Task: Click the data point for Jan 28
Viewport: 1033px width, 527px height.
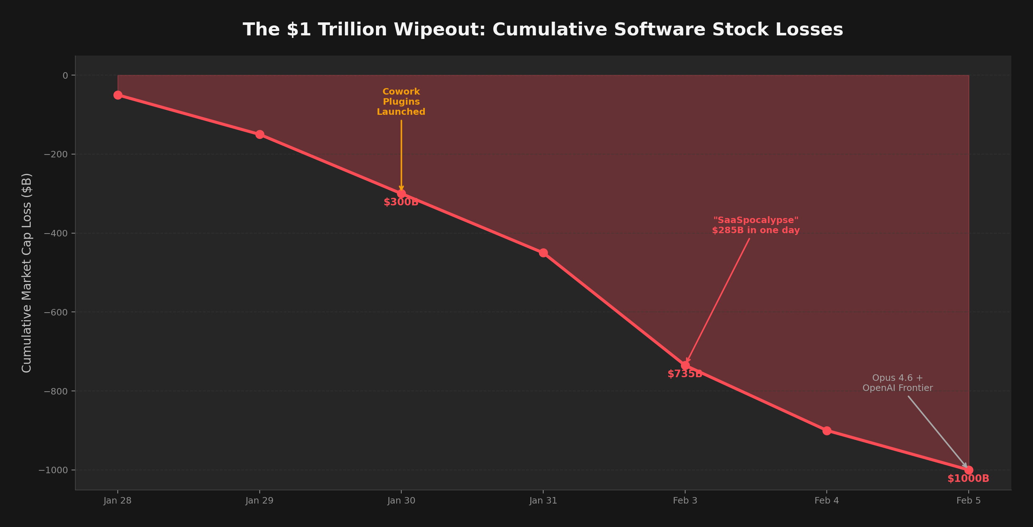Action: click(117, 95)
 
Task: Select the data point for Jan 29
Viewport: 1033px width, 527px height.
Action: click(259, 134)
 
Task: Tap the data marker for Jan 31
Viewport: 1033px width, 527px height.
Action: click(543, 253)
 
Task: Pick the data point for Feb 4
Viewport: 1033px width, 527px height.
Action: click(826, 431)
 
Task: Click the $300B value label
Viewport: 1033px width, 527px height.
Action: click(401, 202)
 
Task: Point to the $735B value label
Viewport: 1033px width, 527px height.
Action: click(684, 374)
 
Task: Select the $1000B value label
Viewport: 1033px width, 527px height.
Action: click(968, 479)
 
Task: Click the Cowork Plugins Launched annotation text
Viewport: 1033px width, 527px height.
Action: click(401, 102)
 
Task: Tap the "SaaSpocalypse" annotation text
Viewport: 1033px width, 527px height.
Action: click(756, 225)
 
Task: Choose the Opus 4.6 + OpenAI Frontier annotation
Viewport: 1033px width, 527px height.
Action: click(898, 383)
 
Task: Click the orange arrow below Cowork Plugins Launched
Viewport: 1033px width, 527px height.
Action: click(401, 154)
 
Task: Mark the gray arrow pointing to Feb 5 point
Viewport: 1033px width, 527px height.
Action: click(937, 432)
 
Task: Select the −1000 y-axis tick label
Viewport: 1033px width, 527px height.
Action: click(54, 470)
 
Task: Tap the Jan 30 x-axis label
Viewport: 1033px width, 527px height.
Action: click(401, 501)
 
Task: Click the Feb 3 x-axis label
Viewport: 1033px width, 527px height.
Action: click(684, 501)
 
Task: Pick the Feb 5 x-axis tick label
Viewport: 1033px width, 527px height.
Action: click(968, 501)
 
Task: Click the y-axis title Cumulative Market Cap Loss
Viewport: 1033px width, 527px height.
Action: click(26, 273)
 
